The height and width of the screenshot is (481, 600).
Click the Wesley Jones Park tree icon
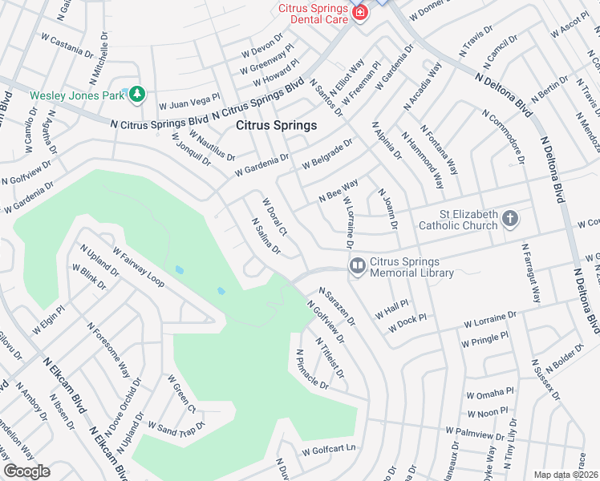[137, 95]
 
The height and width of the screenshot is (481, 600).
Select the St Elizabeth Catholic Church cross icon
[509, 217]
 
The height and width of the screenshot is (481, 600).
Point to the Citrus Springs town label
[276, 125]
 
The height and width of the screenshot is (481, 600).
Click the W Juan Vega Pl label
[189, 101]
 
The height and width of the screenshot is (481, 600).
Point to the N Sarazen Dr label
[336, 307]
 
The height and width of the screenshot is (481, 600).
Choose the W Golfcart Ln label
[328, 451]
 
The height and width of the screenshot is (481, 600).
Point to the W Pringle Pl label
[484, 340]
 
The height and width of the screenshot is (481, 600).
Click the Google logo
[26, 471]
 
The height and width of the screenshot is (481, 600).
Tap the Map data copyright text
[566, 475]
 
